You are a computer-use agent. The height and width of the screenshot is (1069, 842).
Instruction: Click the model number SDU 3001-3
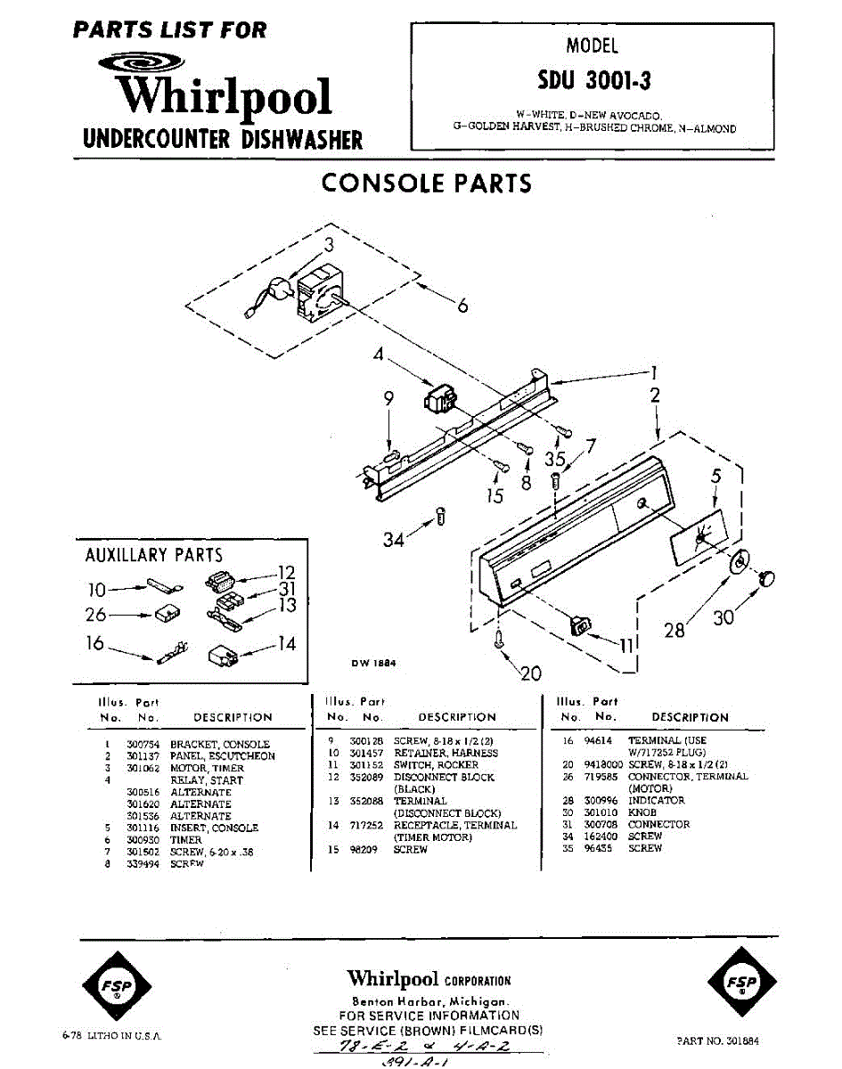[593, 80]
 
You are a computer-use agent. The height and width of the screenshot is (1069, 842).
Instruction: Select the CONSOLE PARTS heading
[426, 183]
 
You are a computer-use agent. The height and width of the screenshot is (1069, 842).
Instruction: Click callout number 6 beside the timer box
[462, 306]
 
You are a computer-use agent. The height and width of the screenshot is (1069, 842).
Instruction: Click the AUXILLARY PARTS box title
[153, 555]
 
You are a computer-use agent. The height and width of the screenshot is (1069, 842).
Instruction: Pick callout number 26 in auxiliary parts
[96, 615]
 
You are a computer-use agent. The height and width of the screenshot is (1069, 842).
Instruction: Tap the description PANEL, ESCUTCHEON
[223, 756]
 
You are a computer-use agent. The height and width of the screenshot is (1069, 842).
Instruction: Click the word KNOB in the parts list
[642, 812]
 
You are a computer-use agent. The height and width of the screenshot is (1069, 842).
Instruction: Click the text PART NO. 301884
[717, 1039]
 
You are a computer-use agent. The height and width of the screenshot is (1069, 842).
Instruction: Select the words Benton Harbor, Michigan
[429, 1001]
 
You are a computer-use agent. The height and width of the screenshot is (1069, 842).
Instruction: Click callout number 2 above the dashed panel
[655, 396]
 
